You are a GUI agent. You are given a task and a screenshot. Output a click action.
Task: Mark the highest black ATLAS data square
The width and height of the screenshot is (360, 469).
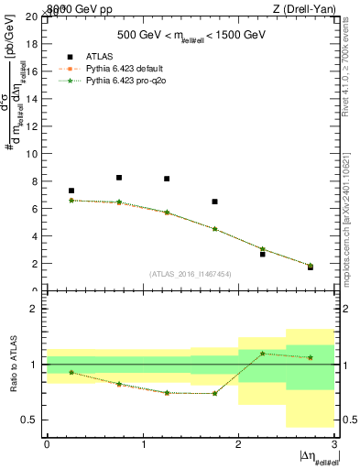tap(119, 178)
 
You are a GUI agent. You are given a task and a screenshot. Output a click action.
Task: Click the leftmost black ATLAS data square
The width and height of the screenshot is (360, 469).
tap(71, 191)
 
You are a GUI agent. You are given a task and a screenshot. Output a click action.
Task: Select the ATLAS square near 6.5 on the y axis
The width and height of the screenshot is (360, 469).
tap(214, 202)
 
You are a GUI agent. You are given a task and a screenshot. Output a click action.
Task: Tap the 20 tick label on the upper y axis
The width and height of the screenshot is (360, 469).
tap(31, 17)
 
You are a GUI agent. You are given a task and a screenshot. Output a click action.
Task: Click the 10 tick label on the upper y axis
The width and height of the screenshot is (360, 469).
tap(31, 154)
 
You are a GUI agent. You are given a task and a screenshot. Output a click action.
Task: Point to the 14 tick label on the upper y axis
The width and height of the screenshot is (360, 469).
tap(31, 99)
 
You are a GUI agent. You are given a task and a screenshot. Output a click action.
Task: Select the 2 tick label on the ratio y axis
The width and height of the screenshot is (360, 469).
tap(33, 310)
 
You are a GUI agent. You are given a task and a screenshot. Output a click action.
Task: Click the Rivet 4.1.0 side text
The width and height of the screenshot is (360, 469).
tap(349, 92)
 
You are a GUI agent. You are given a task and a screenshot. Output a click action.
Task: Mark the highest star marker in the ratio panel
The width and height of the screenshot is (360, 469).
tap(262, 354)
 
